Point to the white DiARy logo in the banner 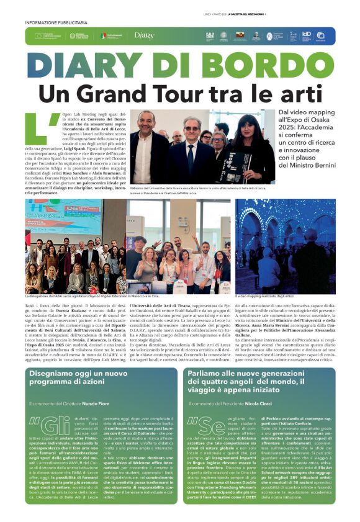click(x=144, y=36)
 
